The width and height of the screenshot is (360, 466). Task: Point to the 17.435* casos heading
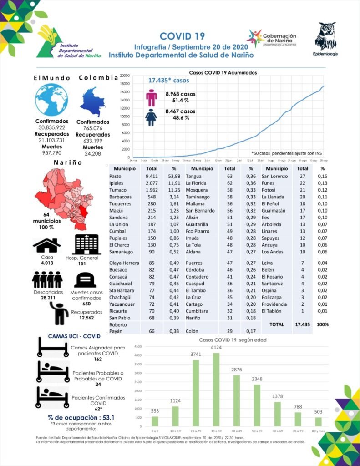(168, 81)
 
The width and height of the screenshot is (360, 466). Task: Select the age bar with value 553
(155, 422)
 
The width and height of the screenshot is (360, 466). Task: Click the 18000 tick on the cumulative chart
(125, 84)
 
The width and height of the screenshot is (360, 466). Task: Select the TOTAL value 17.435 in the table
(302, 325)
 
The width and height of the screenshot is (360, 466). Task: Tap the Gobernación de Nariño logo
(272, 39)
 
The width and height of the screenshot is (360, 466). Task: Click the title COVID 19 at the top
(182, 36)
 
